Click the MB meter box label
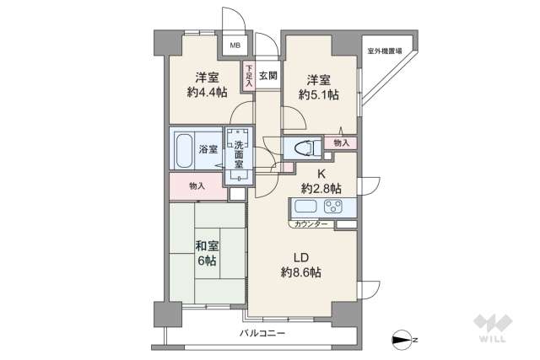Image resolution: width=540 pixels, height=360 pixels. (235, 46)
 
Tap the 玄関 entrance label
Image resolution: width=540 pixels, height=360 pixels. (268, 76)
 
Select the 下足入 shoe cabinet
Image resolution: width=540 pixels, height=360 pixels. (250, 76)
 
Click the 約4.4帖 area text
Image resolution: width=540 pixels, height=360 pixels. (207, 93)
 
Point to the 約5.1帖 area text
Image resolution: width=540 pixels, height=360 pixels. (318, 96)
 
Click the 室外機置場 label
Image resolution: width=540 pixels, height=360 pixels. (385, 51)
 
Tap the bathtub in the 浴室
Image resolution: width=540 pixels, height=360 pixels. (186, 150)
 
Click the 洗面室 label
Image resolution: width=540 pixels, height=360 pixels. (239, 153)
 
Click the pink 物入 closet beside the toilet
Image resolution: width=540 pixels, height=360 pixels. (340, 143)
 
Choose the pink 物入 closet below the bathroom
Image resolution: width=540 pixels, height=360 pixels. (197, 185)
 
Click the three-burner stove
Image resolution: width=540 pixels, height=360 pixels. (334, 208)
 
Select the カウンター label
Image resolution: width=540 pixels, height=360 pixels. (312, 225)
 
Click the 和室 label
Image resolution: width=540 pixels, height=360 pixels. (208, 246)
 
